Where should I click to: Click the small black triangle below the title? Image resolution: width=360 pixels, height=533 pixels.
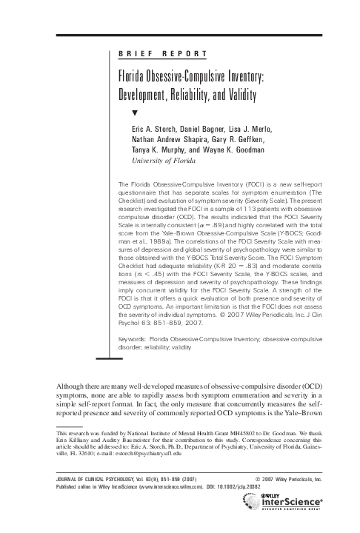[134, 113]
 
